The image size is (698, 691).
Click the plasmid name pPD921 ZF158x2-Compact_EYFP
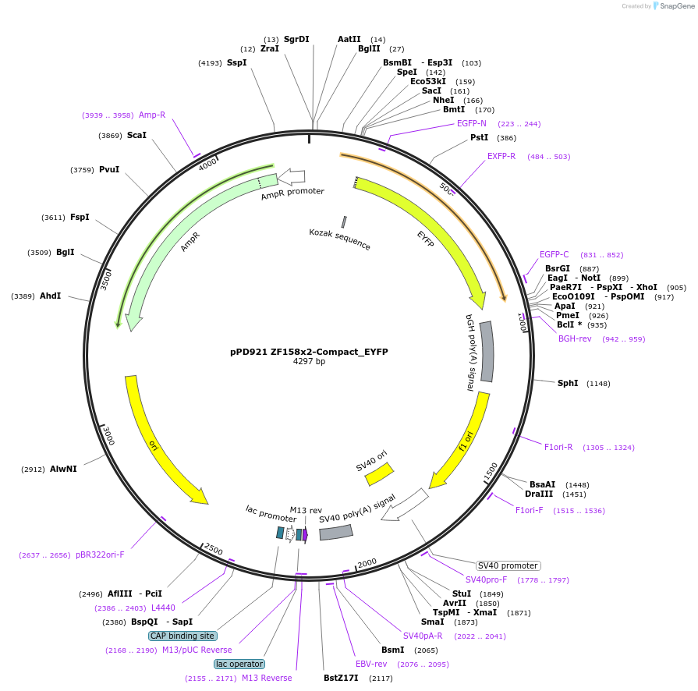(x=309, y=352)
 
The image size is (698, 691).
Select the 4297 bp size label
(x=309, y=362)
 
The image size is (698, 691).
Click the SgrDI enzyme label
(x=296, y=39)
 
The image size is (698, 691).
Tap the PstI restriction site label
(x=480, y=137)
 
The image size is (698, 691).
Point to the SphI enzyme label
(x=568, y=383)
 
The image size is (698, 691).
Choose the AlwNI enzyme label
(x=63, y=469)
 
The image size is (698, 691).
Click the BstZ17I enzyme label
(x=341, y=678)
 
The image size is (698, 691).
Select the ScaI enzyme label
(x=136, y=135)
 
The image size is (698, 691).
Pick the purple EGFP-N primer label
(x=472, y=123)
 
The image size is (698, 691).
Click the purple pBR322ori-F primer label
(x=100, y=555)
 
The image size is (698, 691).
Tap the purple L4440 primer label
(x=163, y=608)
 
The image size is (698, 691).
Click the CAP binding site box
(x=182, y=636)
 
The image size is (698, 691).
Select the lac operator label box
(x=239, y=664)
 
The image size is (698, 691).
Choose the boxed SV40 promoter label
(x=508, y=565)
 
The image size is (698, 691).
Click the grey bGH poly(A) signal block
(x=487, y=352)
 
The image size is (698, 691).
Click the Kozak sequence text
(x=340, y=239)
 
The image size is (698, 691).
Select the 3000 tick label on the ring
(x=108, y=437)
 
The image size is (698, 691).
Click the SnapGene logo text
(x=675, y=5)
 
